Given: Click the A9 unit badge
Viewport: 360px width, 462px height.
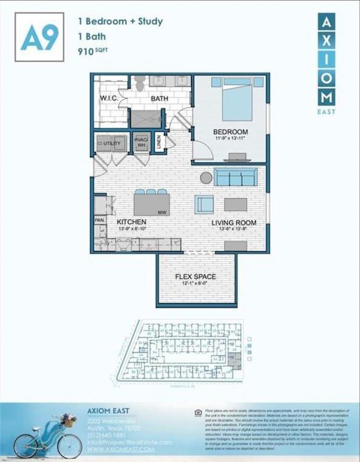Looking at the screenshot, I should (x=39, y=38).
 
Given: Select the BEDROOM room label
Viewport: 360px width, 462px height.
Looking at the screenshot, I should (x=231, y=132).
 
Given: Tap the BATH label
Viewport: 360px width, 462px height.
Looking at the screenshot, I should (x=159, y=99).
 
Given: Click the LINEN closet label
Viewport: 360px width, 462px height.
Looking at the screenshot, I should (x=159, y=142).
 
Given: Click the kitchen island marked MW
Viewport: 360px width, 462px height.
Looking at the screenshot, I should (x=151, y=203).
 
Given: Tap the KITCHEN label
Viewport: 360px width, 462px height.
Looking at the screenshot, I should (x=132, y=222).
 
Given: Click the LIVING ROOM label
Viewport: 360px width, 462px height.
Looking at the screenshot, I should (x=234, y=222).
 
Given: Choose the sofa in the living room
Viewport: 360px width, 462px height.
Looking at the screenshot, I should (x=236, y=177).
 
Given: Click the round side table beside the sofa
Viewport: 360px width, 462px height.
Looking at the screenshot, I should (x=206, y=177).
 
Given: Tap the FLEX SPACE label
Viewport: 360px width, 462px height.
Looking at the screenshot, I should (x=195, y=277).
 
